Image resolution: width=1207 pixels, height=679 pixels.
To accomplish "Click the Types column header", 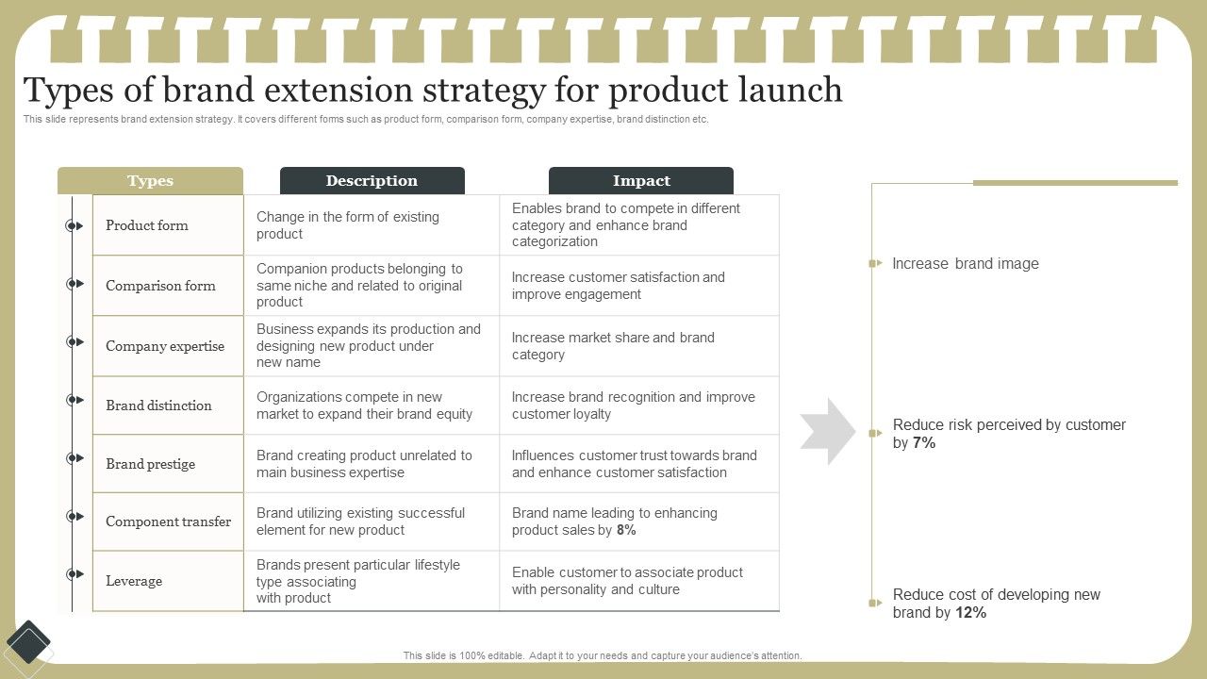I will (x=150, y=181).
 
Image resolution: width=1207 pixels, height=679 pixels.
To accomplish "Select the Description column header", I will (x=372, y=181).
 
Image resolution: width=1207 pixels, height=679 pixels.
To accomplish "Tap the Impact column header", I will (x=641, y=181).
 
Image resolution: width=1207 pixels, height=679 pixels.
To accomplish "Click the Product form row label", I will (x=147, y=225).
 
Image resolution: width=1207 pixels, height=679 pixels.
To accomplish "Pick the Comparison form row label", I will (x=160, y=286).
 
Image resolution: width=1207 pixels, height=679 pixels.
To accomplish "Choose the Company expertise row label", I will (x=165, y=346).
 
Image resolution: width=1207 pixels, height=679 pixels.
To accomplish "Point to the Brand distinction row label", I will (x=158, y=406).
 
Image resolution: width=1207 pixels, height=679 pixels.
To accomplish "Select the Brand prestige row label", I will (x=151, y=464).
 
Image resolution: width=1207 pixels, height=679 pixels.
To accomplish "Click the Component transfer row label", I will (x=168, y=522).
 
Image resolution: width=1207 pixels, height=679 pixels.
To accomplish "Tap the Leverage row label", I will (x=134, y=581).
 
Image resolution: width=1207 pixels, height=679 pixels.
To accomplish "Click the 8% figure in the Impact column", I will (x=626, y=530).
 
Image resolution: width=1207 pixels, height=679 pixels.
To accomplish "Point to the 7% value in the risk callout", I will (x=924, y=443).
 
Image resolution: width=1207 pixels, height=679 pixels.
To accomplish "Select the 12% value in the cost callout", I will (x=970, y=613).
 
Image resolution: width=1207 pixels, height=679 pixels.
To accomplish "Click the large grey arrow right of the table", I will (x=827, y=432).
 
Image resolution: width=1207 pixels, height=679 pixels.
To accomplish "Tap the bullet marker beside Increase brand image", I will (x=875, y=264).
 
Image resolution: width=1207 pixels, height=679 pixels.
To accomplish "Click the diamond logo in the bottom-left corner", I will (x=29, y=644).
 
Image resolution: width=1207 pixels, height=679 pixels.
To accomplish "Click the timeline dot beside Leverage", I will (x=73, y=574).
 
